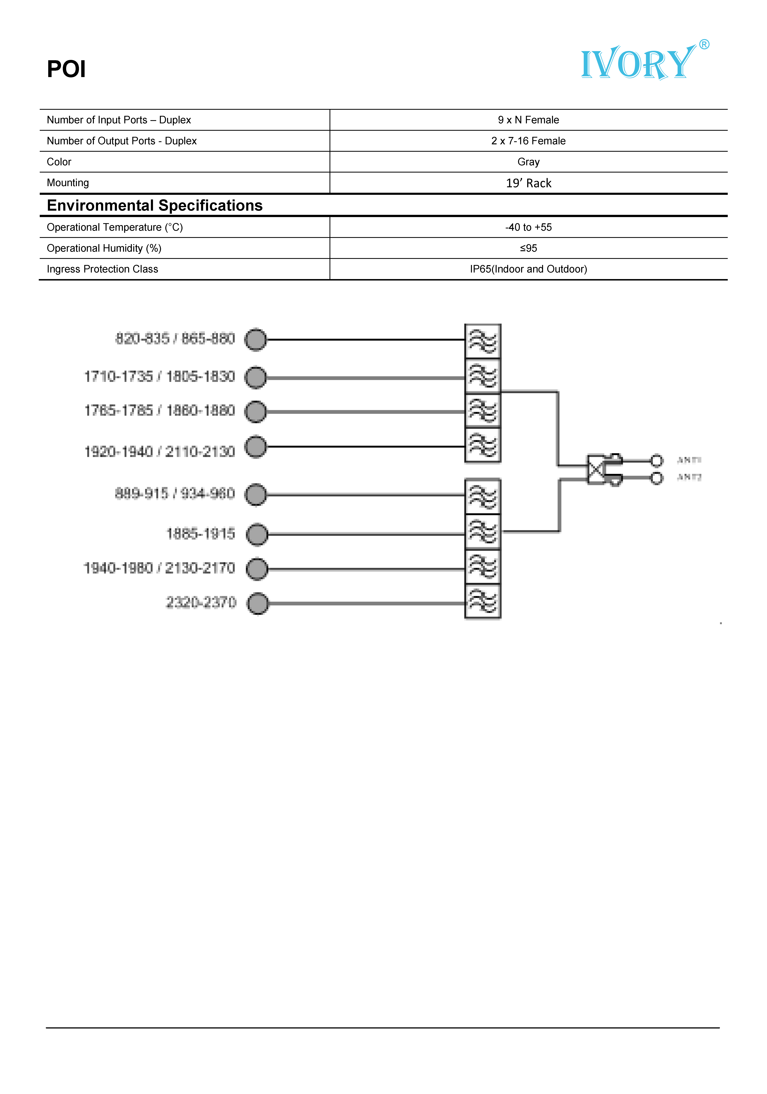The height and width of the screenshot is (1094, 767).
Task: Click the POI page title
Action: coord(66,69)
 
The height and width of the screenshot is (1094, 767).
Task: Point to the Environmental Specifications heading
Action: coord(155,205)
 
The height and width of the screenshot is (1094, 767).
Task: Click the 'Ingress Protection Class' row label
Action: coord(102,269)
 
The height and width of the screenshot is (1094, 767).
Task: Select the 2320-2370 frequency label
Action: coord(201,602)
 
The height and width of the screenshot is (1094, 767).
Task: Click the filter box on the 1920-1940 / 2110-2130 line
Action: coord(483,446)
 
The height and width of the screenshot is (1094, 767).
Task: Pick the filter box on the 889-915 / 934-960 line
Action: coord(483,496)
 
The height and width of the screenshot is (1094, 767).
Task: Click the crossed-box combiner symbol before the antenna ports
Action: coord(595,469)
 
